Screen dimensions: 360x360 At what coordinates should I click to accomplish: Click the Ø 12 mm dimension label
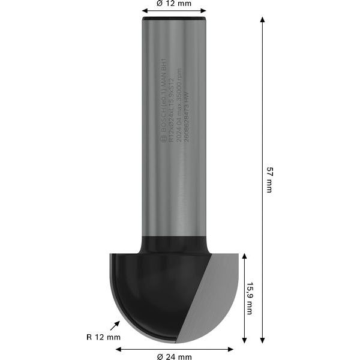tap(174, 3)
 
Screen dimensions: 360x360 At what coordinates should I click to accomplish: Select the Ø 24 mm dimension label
tap(174, 356)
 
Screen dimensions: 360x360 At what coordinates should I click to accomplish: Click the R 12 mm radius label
tap(103, 337)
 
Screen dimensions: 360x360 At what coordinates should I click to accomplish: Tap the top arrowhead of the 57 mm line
tap(262, 20)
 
